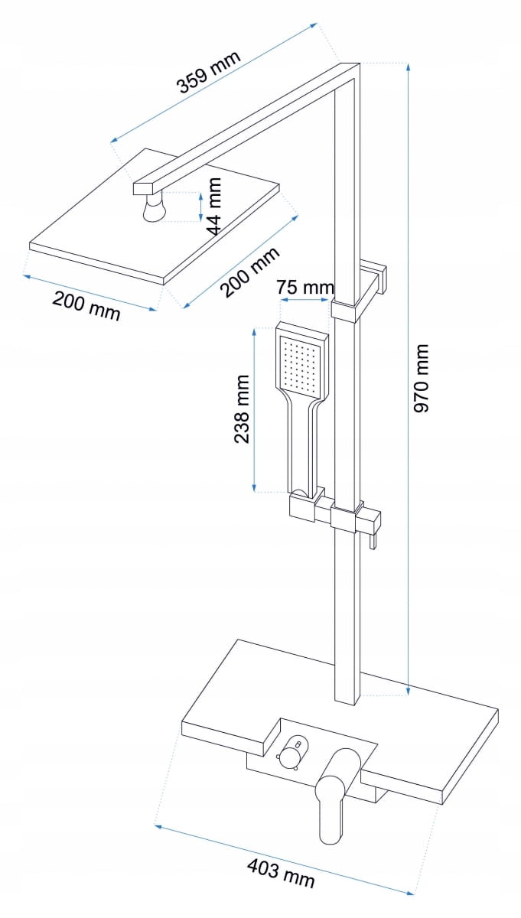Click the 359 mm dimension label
tap(209, 72)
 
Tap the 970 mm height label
tap(422, 378)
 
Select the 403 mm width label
tap(281, 873)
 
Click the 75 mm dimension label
tap(305, 288)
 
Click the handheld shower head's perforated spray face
tap(301, 362)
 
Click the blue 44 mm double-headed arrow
tap(200, 206)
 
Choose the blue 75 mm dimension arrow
tap(305, 300)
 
